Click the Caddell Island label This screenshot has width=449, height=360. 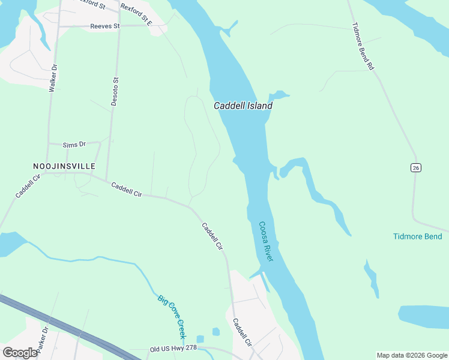point(243,106)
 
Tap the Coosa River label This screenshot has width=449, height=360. point(266,241)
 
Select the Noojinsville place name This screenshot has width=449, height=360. point(64,165)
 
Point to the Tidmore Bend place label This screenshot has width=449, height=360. point(418,236)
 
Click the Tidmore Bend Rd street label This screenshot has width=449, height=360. point(363,47)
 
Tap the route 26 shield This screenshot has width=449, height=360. point(415,167)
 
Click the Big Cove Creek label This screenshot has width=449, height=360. point(172,316)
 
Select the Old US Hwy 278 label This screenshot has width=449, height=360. point(173,349)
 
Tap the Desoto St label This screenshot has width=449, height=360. point(115,91)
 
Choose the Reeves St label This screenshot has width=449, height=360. point(105,26)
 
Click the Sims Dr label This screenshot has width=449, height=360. point(74,145)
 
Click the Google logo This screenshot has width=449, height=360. point(20,353)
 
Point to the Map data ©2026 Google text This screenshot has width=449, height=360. point(411,355)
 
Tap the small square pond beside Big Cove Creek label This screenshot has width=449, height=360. point(216,332)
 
